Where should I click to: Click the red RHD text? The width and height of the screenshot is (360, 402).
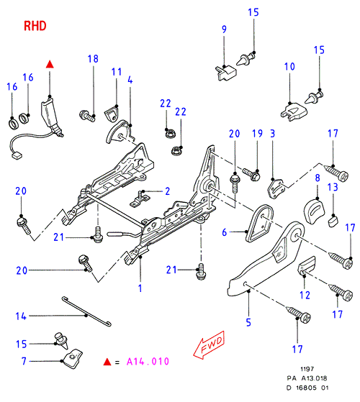click(x=35, y=26)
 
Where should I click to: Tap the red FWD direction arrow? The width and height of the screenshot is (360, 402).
click(x=209, y=344)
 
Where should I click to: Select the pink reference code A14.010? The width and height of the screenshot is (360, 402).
click(x=148, y=362)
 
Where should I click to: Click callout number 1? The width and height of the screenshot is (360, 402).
click(x=140, y=288)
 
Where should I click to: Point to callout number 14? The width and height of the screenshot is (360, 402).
click(x=21, y=316)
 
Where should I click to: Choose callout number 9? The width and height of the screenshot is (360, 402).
click(x=224, y=29)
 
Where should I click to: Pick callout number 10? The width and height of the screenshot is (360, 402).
click(x=289, y=66)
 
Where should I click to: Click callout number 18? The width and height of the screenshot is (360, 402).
click(x=93, y=59)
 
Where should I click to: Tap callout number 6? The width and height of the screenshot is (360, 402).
click(x=225, y=232)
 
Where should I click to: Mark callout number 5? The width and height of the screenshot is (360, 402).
click(x=248, y=322)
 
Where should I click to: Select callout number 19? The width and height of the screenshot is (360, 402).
click(x=257, y=134)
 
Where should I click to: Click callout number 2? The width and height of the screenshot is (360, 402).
click(x=167, y=191)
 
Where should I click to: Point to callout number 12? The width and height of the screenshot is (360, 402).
click(x=305, y=295)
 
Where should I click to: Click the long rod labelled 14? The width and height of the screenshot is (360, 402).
click(x=86, y=311)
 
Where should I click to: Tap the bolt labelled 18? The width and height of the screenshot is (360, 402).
click(x=87, y=116)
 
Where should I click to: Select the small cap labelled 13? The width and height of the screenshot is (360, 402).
click(x=333, y=221)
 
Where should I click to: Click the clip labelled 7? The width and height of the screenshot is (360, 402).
click(x=73, y=358)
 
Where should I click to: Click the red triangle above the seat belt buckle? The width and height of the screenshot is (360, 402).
click(x=50, y=65)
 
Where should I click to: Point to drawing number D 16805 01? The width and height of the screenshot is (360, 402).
click(x=307, y=388)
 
